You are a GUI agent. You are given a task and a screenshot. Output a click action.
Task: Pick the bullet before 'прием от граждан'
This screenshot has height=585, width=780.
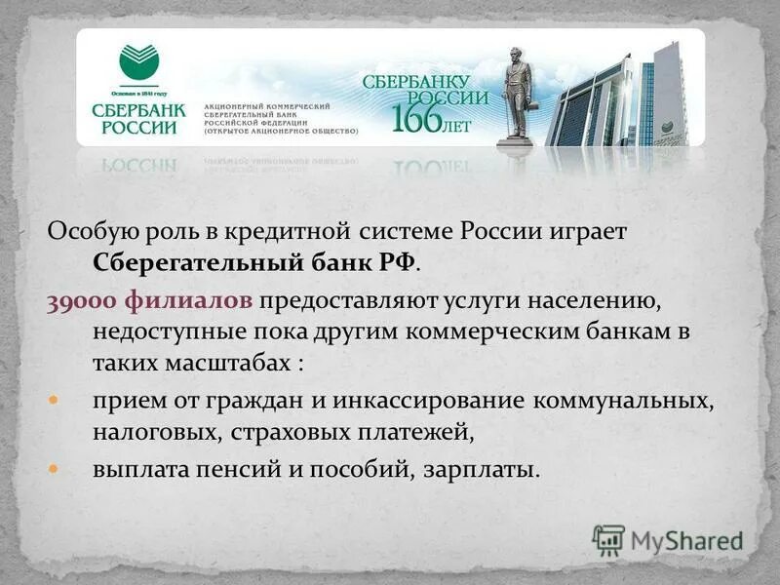55,400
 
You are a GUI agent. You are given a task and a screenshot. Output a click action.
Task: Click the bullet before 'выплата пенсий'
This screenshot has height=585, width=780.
55,469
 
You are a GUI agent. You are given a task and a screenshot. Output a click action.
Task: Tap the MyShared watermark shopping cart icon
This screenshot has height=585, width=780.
608,539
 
